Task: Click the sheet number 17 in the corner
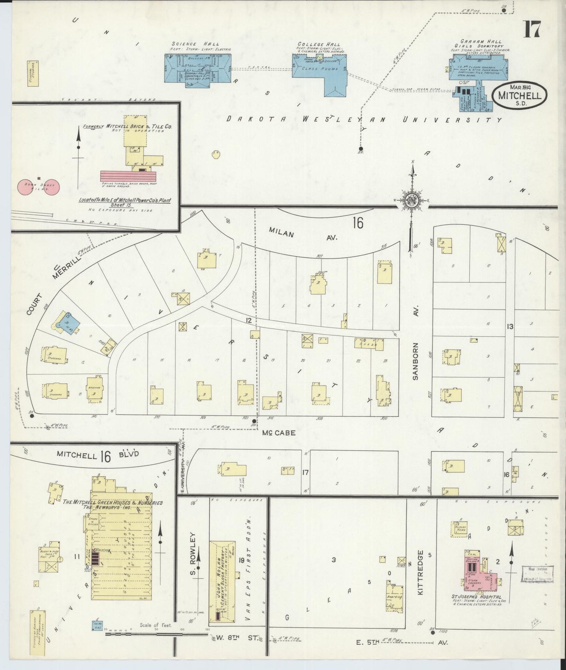(x=532, y=29)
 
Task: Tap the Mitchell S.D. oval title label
(x=519, y=96)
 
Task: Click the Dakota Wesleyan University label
(x=364, y=120)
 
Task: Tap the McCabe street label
(x=279, y=434)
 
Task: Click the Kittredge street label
(x=420, y=573)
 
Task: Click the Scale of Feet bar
(x=157, y=633)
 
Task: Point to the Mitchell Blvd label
(x=98, y=455)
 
